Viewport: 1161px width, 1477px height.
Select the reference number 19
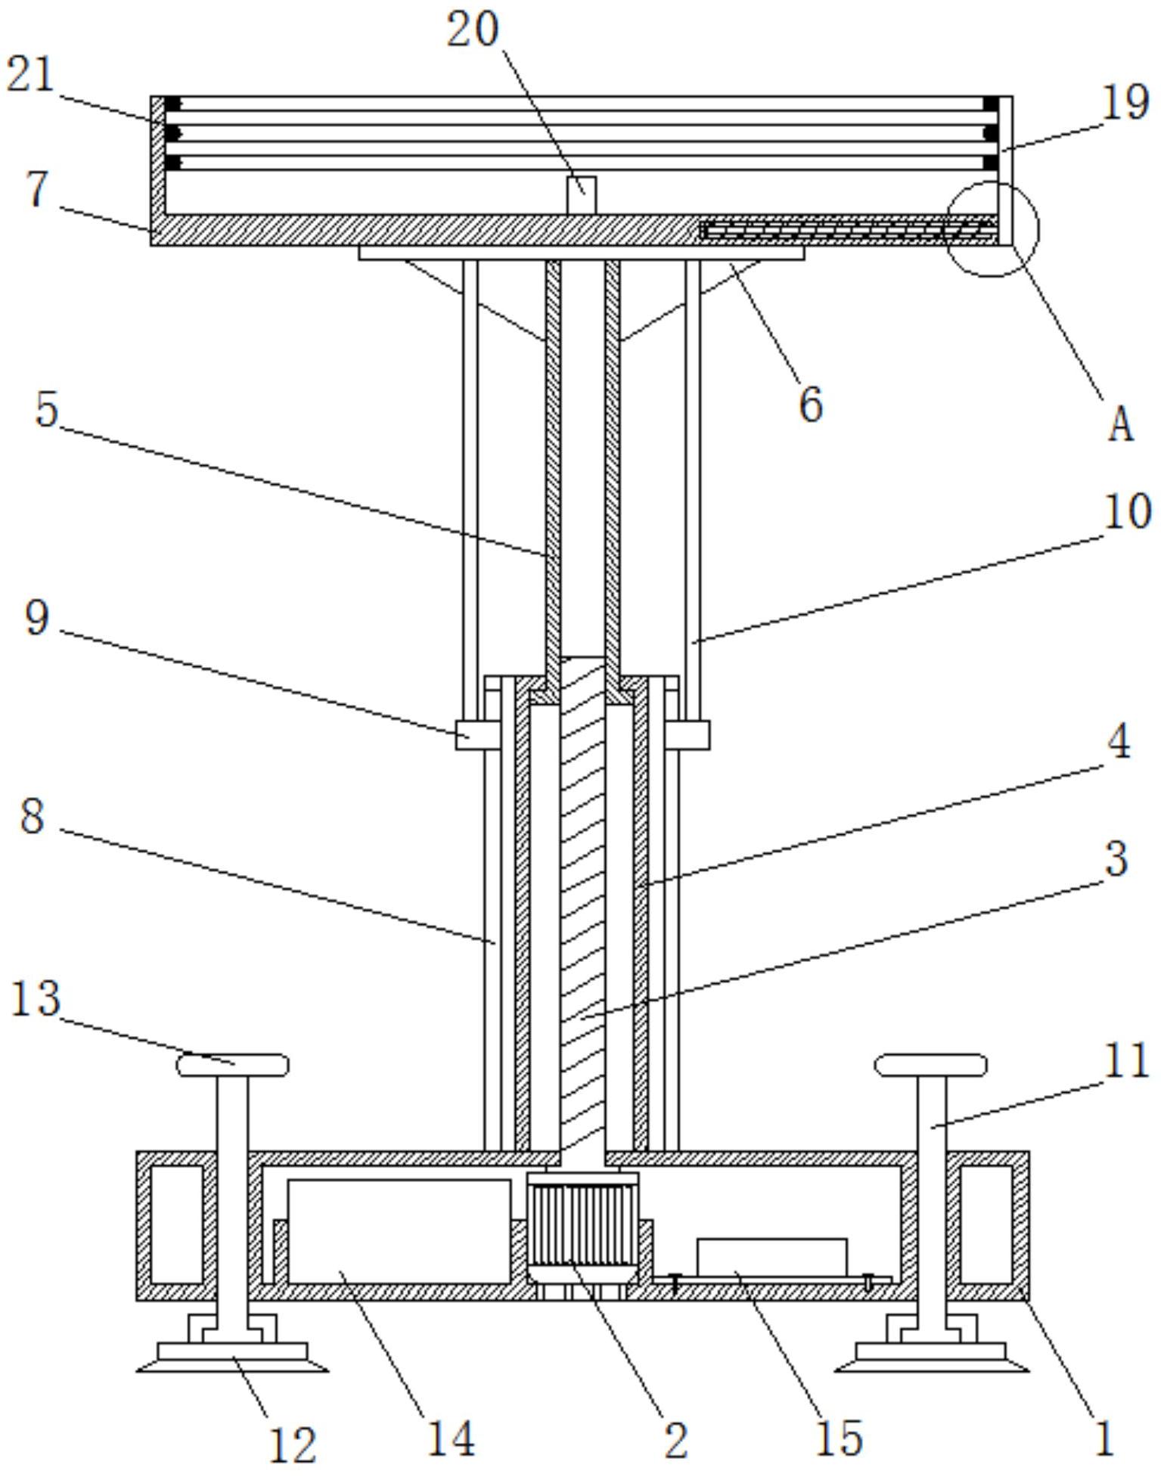point(1126,102)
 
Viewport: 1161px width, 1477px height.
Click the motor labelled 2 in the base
point(582,1234)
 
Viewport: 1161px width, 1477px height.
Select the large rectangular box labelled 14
point(399,1231)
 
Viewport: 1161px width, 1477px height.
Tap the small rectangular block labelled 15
point(771,1257)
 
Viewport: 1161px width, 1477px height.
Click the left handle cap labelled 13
point(232,1066)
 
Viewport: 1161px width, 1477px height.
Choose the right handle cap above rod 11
point(931,1066)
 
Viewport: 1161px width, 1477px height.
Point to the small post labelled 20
point(582,195)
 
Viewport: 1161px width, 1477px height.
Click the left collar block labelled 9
point(477,734)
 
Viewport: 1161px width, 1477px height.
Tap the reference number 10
point(1128,512)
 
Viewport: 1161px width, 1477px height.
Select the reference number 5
point(46,410)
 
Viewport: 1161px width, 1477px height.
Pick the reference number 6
point(810,405)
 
